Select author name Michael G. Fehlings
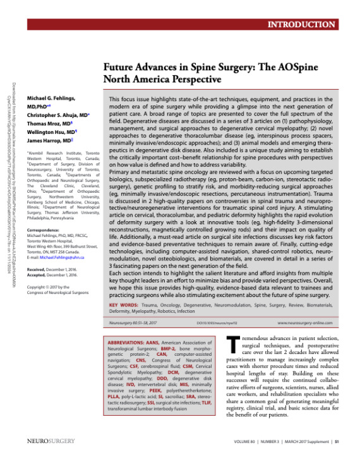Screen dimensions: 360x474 point(52,100)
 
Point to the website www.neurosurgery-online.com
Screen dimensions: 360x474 point(304,324)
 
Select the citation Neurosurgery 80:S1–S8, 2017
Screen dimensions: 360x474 point(129,324)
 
